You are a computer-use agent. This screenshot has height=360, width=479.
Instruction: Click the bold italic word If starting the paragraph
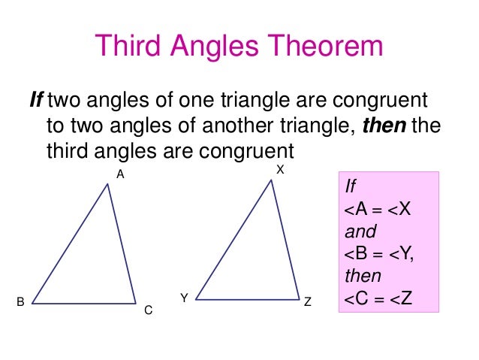tap(37, 100)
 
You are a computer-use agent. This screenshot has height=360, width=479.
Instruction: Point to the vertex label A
tap(119, 174)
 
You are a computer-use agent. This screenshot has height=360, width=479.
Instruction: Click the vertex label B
tap(21, 302)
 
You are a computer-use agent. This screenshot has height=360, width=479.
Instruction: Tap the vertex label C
tap(148, 309)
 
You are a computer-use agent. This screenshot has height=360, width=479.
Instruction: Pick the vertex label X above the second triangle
tap(279, 171)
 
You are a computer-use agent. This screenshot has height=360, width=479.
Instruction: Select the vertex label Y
tap(183, 298)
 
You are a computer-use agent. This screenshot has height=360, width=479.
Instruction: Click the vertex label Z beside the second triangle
tap(308, 302)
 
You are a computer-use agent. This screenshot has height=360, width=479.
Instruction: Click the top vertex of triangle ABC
tap(108, 184)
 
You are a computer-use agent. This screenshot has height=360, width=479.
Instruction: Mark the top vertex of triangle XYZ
tap(271, 180)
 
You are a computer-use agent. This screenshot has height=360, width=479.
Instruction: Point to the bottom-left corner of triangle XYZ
tap(196, 298)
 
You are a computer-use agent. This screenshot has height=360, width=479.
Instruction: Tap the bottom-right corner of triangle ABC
tap(136, 303)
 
